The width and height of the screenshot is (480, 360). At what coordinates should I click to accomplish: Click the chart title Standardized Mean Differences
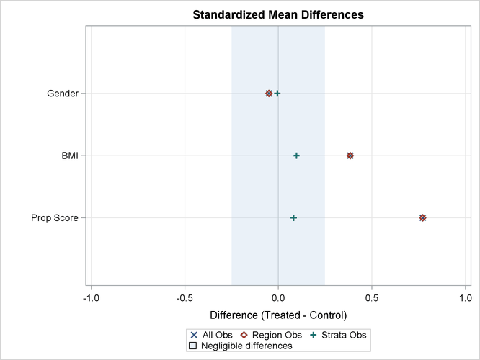pyautogui.click(x=277, y=14)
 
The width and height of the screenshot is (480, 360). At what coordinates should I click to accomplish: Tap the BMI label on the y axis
pyautogui.click(x=70, y=156)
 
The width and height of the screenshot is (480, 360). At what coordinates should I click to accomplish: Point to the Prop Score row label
pyautogui.click(x=55, y=218)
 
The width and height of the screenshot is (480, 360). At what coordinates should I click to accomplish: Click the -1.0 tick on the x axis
pyautogui.click(x=91, y=297)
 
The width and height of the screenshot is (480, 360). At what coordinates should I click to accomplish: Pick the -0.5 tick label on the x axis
pyautogui.click(x=185, y=297)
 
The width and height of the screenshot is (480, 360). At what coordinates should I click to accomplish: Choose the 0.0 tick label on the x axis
pyautogui.click(x=278, y=297)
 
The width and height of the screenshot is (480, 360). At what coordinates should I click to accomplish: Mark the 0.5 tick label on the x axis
pyautogui.click(x=372, y=297)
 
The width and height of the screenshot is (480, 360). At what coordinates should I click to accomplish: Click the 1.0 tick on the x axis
pyautogui.click(x=465, y=297)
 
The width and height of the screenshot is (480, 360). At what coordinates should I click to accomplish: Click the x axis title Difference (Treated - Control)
pyautogui.click(x=277, y=315)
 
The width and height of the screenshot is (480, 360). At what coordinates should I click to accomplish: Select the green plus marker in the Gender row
pyautogui.click(x=277, y=94)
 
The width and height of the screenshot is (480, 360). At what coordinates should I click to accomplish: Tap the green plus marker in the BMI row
pyautogui.click(x=296, y=156)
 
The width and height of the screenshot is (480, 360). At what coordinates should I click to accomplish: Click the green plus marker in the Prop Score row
pyautogui.click(x=293, y=218)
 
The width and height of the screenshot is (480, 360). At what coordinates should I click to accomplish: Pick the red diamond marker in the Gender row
pyautogui.click(x=269, y=94)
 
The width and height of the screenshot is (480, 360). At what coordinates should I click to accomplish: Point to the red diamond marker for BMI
pyautogui.click(x=350, y=156)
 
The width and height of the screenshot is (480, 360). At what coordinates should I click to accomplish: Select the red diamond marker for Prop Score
pyautogui.click(x=422, y=218)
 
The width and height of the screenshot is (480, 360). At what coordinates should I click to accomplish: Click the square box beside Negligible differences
pyautogui.click(x=192, y=346)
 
